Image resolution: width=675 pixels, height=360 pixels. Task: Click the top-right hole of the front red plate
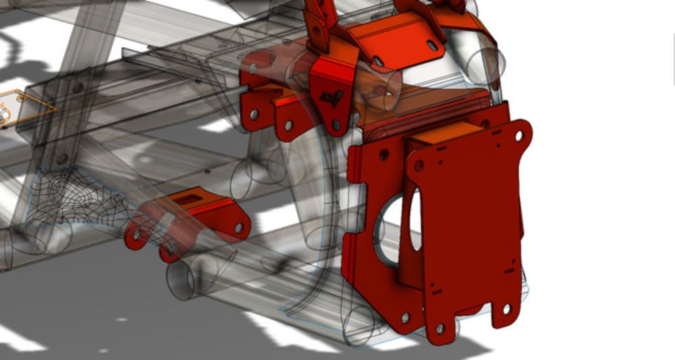click(518, 136)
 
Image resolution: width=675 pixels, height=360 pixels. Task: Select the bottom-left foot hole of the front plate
click(439, 328)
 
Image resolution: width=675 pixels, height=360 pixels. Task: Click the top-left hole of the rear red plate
click(383, 155)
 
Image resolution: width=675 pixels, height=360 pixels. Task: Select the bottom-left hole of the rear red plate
click(405, 317)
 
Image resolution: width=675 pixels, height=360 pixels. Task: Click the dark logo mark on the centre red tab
click(330, 99)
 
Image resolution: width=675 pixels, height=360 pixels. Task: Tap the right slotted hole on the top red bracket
click(430, 45)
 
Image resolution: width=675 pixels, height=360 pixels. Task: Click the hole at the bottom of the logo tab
click(335, 124)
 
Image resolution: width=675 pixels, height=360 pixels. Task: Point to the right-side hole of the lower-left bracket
click(238, 228)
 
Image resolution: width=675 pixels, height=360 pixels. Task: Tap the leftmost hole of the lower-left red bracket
click(137, 236)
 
